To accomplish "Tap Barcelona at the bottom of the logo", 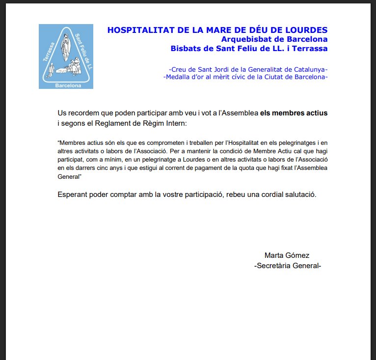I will tap(66, 84).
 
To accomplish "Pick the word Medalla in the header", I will tap(182, 77).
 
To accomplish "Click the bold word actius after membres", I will tap(315, 113).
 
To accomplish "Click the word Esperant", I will tap(73, 194).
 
